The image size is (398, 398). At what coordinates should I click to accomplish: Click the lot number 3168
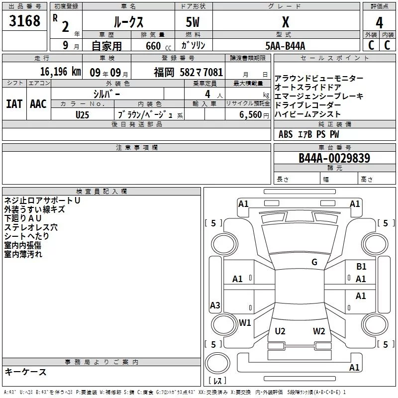tap(24, 20)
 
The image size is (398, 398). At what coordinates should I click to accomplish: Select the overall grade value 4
tap(379, 23)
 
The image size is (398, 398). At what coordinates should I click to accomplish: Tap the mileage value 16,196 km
tap(61, 72)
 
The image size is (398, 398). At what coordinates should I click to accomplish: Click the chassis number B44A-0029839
tap(334, 158)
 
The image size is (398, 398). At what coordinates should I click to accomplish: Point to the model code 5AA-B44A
tap(285, 46)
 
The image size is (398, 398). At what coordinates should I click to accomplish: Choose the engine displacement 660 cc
tap(158, 46)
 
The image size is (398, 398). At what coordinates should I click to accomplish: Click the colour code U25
tap(82, 115)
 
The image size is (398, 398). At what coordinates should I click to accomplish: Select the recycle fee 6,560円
tap(254, 115)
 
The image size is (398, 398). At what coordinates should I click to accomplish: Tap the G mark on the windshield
tap(314, 262)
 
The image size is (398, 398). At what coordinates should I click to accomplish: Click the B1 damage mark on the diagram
tap(361, 267)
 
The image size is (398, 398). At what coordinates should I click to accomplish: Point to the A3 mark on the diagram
tap(215, 305)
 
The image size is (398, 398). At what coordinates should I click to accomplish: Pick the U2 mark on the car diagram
tap(280, 331)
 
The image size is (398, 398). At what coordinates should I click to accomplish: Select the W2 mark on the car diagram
tap(319, 331)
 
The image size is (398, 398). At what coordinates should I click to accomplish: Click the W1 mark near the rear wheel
tap(245, 322)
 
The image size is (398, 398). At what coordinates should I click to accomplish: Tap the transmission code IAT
tap(14, 104)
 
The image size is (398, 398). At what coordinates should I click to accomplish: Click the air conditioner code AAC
tap(38, 104)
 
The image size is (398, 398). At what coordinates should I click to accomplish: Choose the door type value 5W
tap(193, 22)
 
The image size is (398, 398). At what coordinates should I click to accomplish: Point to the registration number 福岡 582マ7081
tap(189, 72)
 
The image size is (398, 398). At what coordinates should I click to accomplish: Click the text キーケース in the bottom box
tap(25, 372)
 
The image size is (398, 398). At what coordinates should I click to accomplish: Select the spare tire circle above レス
tap(217, 364)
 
